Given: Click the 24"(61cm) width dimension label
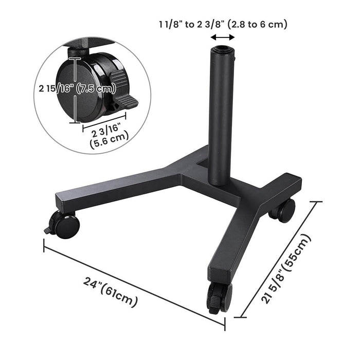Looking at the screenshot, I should point(111,293).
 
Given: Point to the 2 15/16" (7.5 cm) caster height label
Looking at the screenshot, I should point(76,88).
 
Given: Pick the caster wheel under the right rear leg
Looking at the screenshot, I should point(284,209).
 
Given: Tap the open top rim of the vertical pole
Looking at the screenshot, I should point(223,49).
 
